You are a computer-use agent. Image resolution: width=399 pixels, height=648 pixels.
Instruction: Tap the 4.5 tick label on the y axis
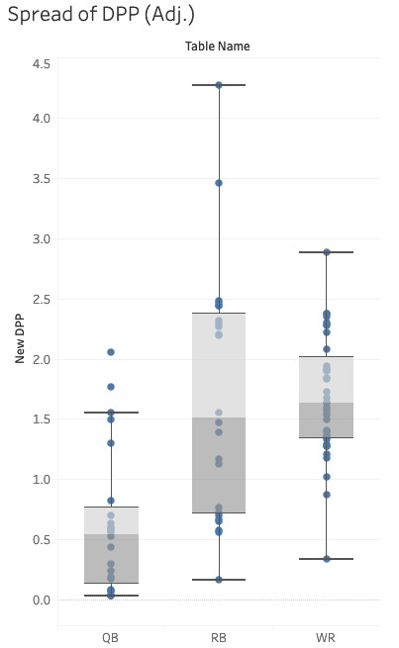click(x=42, y=63)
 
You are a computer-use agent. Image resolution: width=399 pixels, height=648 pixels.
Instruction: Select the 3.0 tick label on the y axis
click(x=42, y=239)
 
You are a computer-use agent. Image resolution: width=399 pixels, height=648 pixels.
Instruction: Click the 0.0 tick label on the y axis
click(x=42, y=601)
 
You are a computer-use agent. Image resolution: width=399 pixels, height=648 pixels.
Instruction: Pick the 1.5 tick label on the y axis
click(x=42, y=419)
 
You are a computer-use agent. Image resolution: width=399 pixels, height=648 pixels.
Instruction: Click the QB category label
click(x=111, y=638)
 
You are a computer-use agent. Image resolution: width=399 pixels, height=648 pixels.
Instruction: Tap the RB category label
click(x=219, y=638)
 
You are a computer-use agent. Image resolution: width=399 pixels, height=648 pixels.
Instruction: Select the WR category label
click(x=327, y=638)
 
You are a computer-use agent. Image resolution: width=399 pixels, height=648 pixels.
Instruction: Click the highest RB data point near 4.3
click(x=219, y=85)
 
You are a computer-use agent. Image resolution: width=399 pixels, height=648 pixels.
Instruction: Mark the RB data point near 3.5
click(x=219, y=183)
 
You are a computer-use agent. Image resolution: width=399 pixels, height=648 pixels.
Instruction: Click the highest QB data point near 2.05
click(x=111, y=352)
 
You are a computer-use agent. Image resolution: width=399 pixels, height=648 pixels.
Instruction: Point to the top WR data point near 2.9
click(x=327, y=252)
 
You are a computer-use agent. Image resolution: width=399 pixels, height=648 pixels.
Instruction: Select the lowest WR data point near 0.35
click(x=327, y=559)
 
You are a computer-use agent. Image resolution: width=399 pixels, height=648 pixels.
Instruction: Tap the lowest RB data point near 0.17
click(x=219, y=580)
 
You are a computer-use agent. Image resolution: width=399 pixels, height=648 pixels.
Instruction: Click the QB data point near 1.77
click(x=111, y=387)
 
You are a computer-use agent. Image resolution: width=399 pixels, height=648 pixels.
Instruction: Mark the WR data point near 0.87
click(x=327, y=495)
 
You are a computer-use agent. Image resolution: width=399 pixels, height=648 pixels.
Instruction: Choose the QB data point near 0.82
click(x=111, y=501)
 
